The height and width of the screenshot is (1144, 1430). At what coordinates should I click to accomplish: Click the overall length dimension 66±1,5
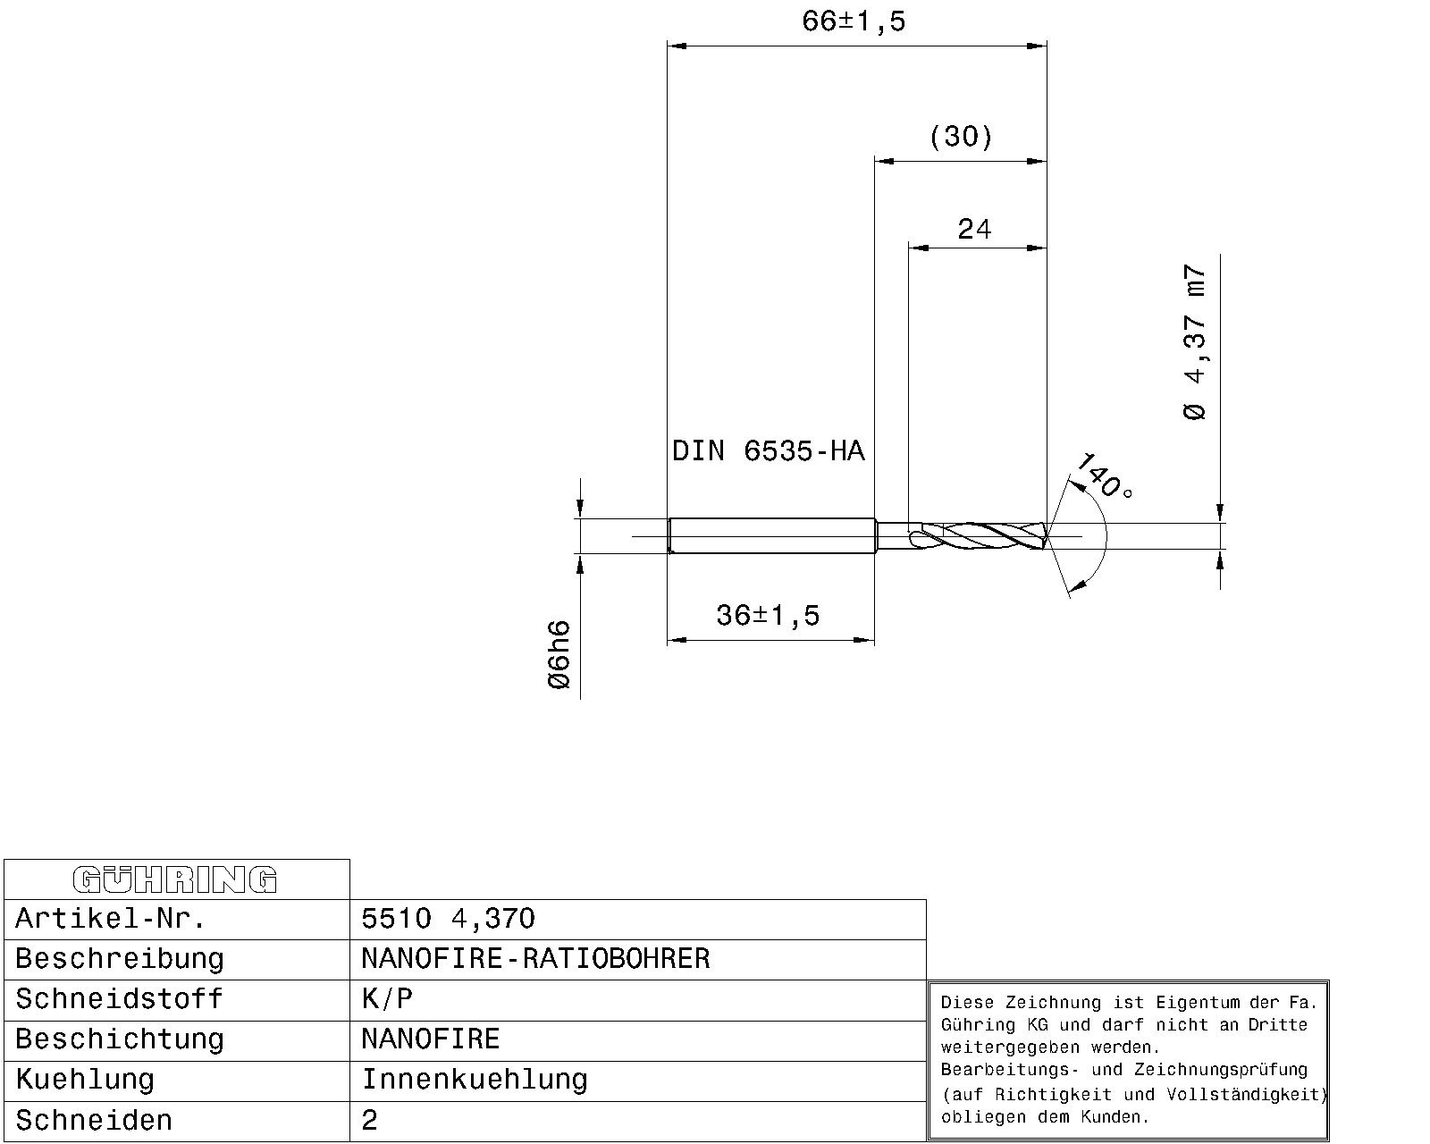[854, 21]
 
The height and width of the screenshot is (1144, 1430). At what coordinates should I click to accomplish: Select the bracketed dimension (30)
[961, 137]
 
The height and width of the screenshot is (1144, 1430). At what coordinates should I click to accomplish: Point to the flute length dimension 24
[974, 230]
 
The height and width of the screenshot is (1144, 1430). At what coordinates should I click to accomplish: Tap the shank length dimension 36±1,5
[768, 615]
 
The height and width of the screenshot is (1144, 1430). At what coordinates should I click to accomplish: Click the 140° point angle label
[1103, 476]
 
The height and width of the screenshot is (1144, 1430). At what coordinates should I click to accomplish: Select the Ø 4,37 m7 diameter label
[1195, 342]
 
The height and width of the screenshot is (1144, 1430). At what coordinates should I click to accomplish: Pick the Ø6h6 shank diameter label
[559, 654]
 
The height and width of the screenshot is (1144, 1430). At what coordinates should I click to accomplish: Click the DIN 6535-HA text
[769, 450]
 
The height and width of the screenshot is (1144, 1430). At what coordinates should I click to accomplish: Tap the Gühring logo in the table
[175, 879]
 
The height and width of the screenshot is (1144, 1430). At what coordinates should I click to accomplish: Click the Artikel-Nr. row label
[111, 918]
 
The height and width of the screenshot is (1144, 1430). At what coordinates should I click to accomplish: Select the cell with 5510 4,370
[448, 918]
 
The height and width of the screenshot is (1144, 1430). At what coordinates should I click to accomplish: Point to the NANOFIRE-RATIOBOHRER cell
[534, 958]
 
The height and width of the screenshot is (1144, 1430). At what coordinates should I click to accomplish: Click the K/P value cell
[387, 998]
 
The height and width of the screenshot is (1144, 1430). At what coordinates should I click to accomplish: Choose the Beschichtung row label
[119, 1039]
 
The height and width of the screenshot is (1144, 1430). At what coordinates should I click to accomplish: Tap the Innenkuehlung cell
[474, 1079]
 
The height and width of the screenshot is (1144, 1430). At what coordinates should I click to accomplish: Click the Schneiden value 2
[370, 1120]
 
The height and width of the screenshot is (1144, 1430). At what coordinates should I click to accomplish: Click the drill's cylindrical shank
[770, 536]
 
